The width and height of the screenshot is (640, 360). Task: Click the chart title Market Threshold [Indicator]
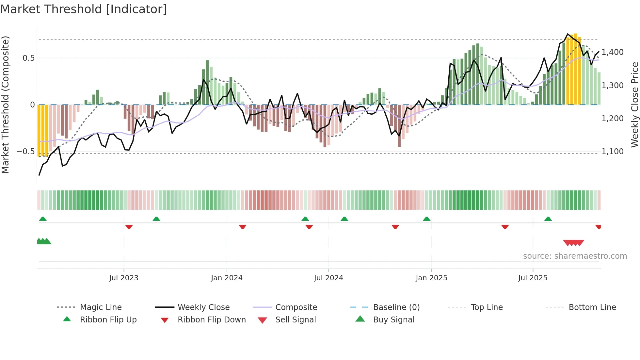[84, 9]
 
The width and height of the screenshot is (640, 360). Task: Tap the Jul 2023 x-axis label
[123, 278]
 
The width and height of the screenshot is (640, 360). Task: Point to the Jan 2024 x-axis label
[227, 278]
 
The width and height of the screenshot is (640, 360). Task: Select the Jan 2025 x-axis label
[431, 278]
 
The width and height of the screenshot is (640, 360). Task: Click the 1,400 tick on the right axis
[613, 52]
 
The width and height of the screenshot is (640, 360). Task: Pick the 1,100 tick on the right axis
[613, 152]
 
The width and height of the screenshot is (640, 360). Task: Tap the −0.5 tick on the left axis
[25, 152]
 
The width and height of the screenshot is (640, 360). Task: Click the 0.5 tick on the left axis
[28, 58]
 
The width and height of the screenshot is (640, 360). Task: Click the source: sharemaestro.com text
[575, 256]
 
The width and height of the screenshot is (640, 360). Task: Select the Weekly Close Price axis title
[634, 105]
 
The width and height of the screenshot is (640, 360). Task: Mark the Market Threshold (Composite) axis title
[5, 105]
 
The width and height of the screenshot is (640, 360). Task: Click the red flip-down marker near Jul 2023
[129, 227]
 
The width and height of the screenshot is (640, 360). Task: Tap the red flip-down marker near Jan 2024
[242, 227]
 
